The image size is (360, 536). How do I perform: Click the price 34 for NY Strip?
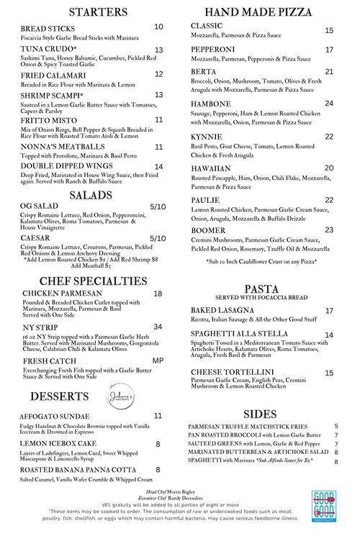[158, 327]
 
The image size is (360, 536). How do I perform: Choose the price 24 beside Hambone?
[329, 104]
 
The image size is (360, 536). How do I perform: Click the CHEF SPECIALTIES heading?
[93, 280]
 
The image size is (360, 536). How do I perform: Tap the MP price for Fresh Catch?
[158, 360]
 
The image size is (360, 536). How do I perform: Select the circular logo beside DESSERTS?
[103, 397]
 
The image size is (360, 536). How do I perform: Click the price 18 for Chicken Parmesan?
[158, 294]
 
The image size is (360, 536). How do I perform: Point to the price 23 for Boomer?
[329, 230]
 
